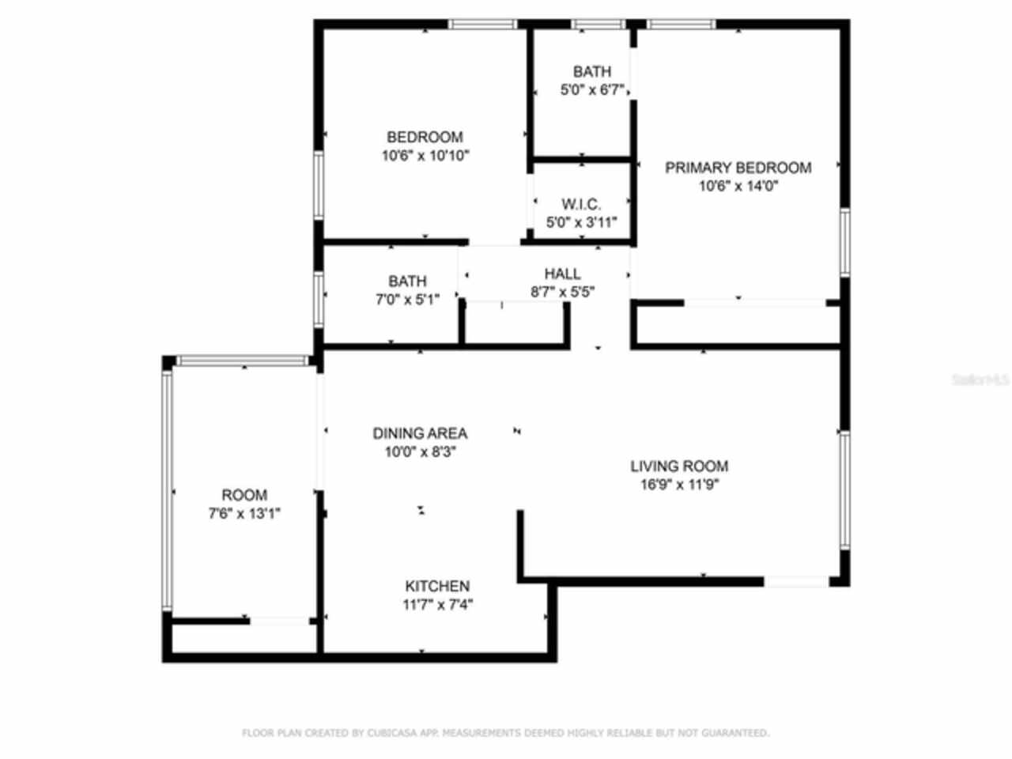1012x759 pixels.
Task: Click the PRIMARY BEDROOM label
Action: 738,168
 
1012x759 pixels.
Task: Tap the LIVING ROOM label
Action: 679,466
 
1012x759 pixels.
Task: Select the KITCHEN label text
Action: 437,587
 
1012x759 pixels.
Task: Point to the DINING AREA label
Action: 420,433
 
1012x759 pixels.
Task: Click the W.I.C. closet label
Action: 581,205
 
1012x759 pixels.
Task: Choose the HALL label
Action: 563,274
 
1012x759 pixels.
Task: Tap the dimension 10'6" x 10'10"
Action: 425,156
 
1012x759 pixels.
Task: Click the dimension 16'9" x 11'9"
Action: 679,485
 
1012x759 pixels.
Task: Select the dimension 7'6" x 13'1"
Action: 244,514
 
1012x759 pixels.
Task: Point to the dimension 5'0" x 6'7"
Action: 592,90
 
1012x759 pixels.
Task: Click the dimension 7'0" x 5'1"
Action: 407,300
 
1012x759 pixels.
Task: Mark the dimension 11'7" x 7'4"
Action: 437,606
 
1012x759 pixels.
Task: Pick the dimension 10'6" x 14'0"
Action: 738,187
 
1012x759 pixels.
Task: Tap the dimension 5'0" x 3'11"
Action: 581,223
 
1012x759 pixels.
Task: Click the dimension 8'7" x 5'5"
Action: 563,292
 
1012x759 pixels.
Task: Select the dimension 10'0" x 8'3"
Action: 420,452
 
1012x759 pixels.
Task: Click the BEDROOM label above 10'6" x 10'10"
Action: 425,137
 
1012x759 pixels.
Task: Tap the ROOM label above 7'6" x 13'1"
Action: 244,496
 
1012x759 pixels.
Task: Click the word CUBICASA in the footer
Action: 388,733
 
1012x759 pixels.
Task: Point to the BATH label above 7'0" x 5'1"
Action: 407,281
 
